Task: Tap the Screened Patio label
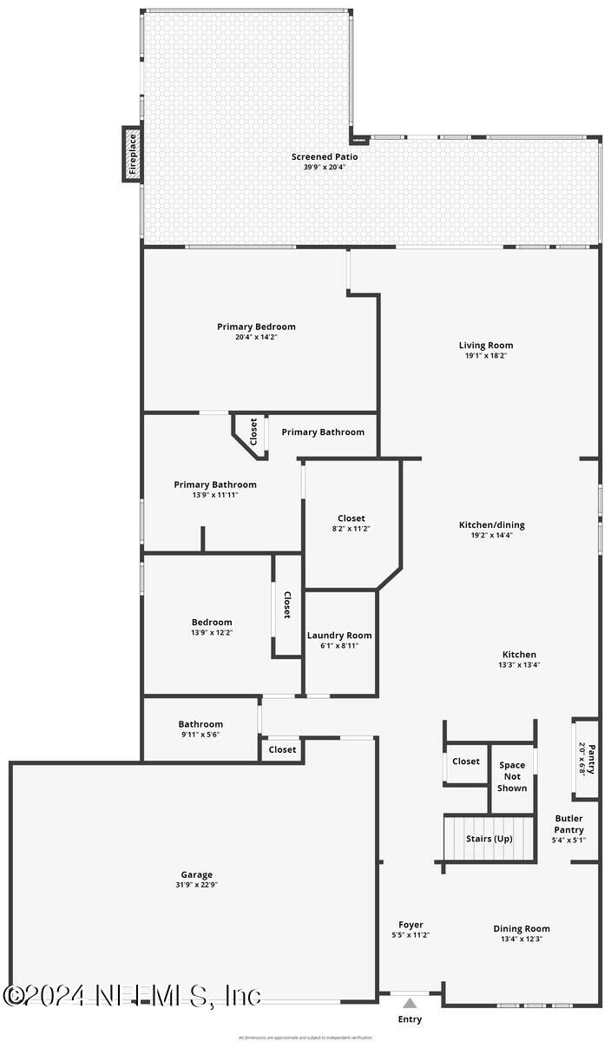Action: click(x=325, y=157)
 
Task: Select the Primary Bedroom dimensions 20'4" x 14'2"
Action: click(x=256, y=337)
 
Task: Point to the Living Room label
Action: click(x=486, y=346)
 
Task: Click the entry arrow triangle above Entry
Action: click(x=410, y=1003)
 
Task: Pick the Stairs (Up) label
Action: click(x=489, y=839)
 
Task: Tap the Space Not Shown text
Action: click(x=512, y=776)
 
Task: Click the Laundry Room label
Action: click(x=339, y=636)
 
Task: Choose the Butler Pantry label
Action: click(x=569, y=824)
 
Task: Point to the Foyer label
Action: click(x=411, y=925)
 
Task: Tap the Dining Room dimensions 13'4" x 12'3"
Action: click(x=522, y=939)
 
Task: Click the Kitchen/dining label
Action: click(x=492, y=524)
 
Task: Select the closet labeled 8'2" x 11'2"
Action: click(x=351, y=529)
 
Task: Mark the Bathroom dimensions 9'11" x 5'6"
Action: click(x=200, y=735)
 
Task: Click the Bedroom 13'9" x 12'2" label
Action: click(x=212, y=622)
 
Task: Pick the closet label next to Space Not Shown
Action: click(x=466, y=762)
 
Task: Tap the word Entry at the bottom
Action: click(x=410, y=1019)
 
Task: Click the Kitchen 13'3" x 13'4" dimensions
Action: click(x=519, y=665)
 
